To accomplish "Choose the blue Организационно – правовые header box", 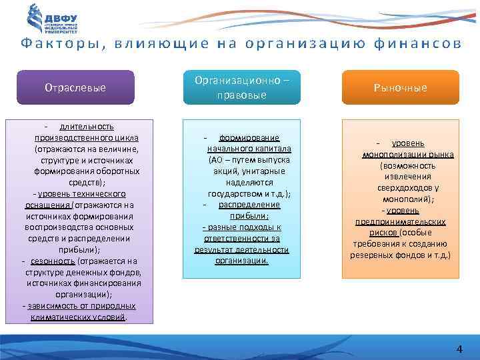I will (x=241, y=87).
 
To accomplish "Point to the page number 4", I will (x=459, y=349).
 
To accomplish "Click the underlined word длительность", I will (x=86, y=126).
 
